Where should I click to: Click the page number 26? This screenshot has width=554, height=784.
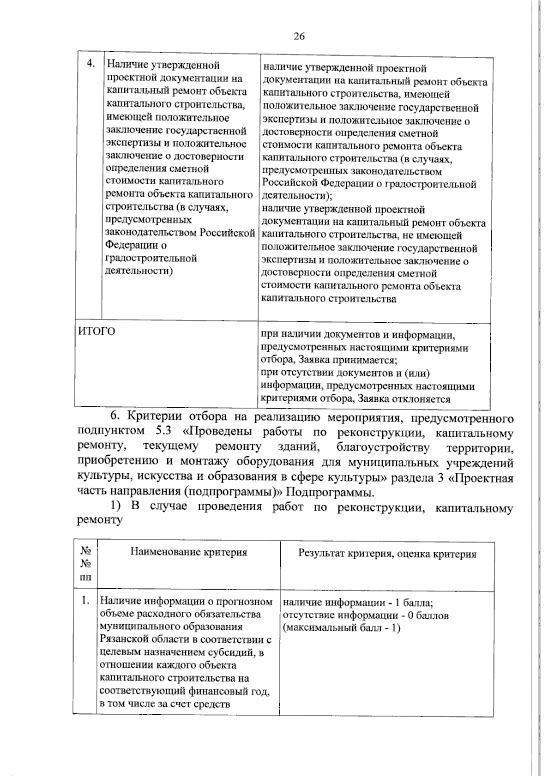coord(299,36)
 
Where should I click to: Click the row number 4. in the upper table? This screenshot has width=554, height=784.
coord(91,63)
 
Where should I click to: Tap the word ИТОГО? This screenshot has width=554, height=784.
coord(96,331)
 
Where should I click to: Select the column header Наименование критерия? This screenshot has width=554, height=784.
coord(188,552)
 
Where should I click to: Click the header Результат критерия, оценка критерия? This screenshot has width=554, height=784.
coord(387,554)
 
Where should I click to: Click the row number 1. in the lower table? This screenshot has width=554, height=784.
coord(84,601)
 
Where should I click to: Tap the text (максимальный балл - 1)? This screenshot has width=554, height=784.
coord(341,628)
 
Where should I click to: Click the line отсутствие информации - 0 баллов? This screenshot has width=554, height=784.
coord(365,615)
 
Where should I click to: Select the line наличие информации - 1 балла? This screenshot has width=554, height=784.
coord(357,603)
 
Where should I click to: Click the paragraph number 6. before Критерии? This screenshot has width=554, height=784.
coord(115,417)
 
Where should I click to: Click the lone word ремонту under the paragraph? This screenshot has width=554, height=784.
coord(100,520)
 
